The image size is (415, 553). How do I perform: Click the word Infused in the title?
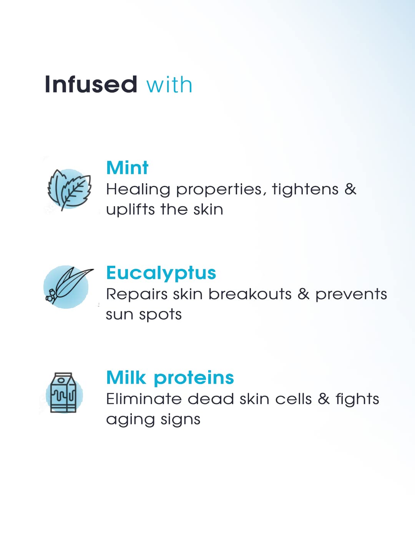click(91, 84)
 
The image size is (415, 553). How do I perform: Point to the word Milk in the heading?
click(126, 377)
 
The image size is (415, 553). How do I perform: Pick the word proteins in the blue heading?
click(194, 379)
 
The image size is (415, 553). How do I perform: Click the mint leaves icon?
click(69, 190)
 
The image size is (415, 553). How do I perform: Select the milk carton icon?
click(64, 392)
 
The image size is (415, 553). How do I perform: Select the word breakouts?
click(250, 294)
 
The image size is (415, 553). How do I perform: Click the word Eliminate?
click(144, 399)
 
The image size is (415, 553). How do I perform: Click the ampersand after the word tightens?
click(350, 189)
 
